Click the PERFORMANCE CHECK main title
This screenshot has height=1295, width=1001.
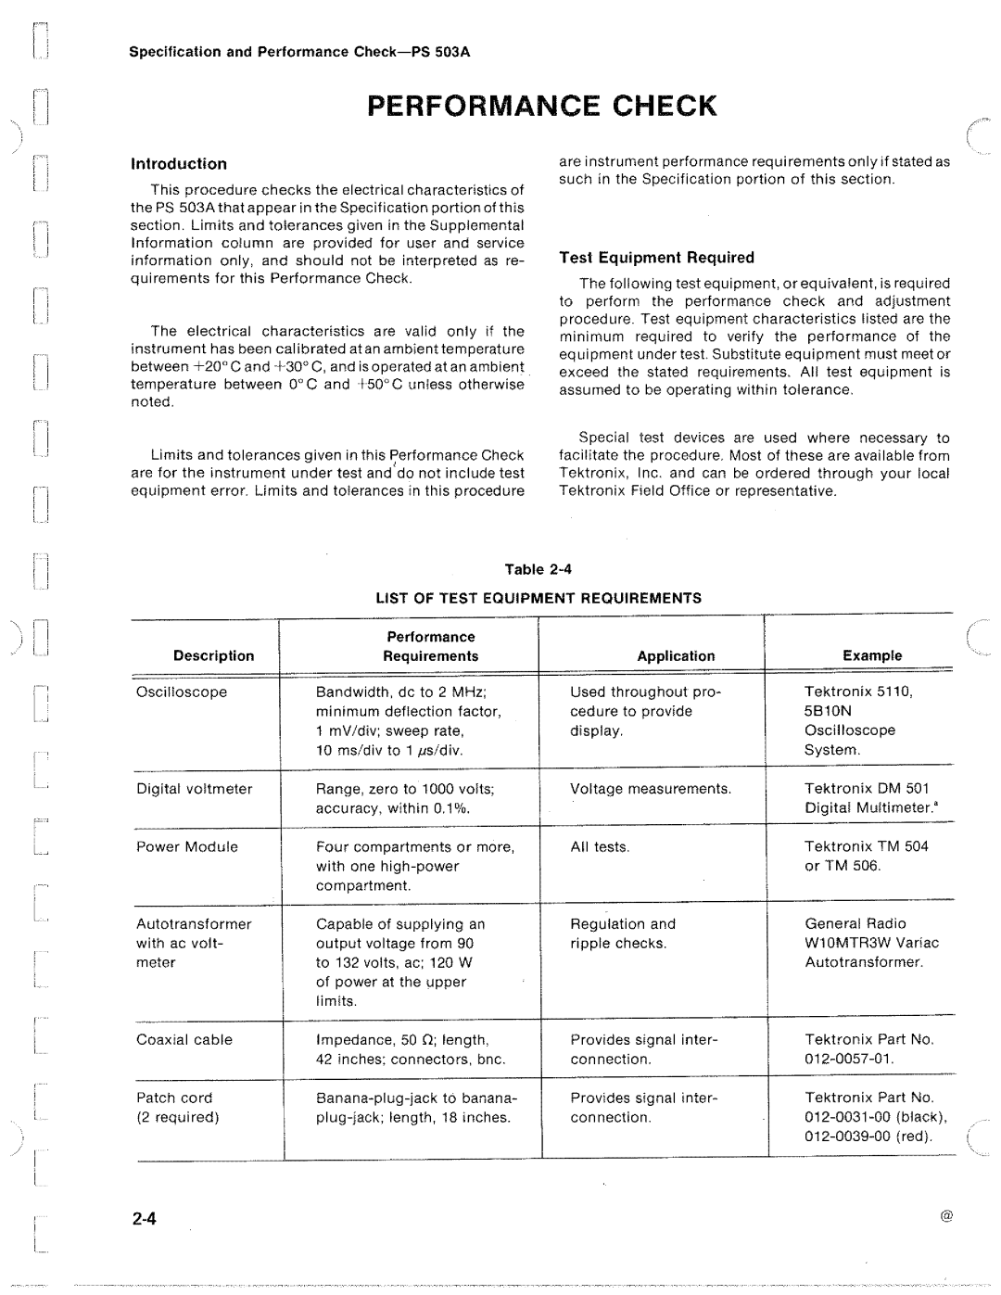pos(542,106)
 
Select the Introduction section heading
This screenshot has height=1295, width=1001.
pos(178,164)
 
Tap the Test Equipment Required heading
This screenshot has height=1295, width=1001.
pos(656,258)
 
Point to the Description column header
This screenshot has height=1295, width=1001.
pos(213,655)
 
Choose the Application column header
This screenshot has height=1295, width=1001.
pos(676,655)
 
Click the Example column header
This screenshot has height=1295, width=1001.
pos(871,655)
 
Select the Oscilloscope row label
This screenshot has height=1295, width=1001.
pos(182,692)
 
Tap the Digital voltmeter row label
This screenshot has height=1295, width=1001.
pos(194,789)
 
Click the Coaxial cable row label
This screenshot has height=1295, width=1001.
pos(184,1039)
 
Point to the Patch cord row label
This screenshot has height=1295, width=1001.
pos(174,1098)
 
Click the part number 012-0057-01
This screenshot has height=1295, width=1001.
pos(849,1059)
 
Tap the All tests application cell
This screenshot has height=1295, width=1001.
pos(600,846)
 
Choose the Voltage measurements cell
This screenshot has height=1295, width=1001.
pos(651,789)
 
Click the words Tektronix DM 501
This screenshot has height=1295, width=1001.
pos(867,789)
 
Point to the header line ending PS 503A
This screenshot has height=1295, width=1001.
pos(299,52)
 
